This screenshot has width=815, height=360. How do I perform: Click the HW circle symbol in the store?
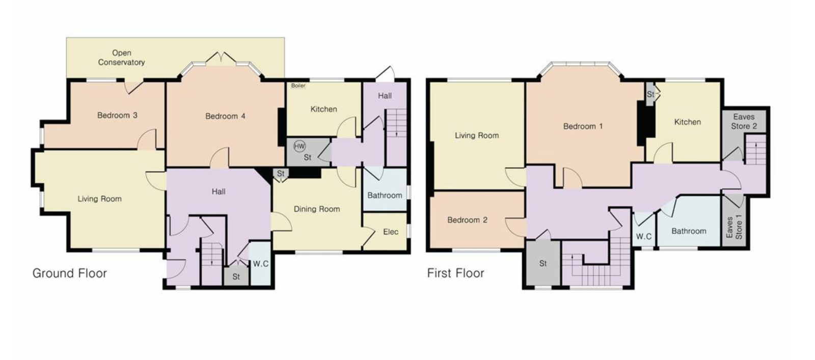(300, 147)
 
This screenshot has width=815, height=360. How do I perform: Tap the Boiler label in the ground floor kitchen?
(298, 86)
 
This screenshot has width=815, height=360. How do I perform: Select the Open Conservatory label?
(122, 58)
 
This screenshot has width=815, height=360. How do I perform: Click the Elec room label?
(391, 232)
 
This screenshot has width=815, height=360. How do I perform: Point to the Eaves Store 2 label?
(744, 122)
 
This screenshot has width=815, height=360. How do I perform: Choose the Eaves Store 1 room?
(734, 222)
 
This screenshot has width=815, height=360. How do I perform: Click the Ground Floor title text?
(69, 273)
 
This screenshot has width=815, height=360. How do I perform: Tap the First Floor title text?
(455, 273)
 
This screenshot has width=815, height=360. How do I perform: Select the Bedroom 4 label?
(225, 117)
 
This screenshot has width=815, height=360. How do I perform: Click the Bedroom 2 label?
(467, 220)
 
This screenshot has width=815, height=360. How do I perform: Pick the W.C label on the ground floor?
(261, 264)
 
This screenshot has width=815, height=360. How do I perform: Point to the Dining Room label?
(316, 209)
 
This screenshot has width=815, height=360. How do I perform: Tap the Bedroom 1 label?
(583, 127)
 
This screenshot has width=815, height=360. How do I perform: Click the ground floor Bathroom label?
(385, 195)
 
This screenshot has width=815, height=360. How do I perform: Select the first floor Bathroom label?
(689, 231)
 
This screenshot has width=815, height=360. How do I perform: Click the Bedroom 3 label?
(117, 115)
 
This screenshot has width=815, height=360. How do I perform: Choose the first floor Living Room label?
(477, 135)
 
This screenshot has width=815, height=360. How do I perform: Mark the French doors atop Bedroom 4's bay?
(221, 58)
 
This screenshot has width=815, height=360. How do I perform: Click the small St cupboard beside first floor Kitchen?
(650, 94)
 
